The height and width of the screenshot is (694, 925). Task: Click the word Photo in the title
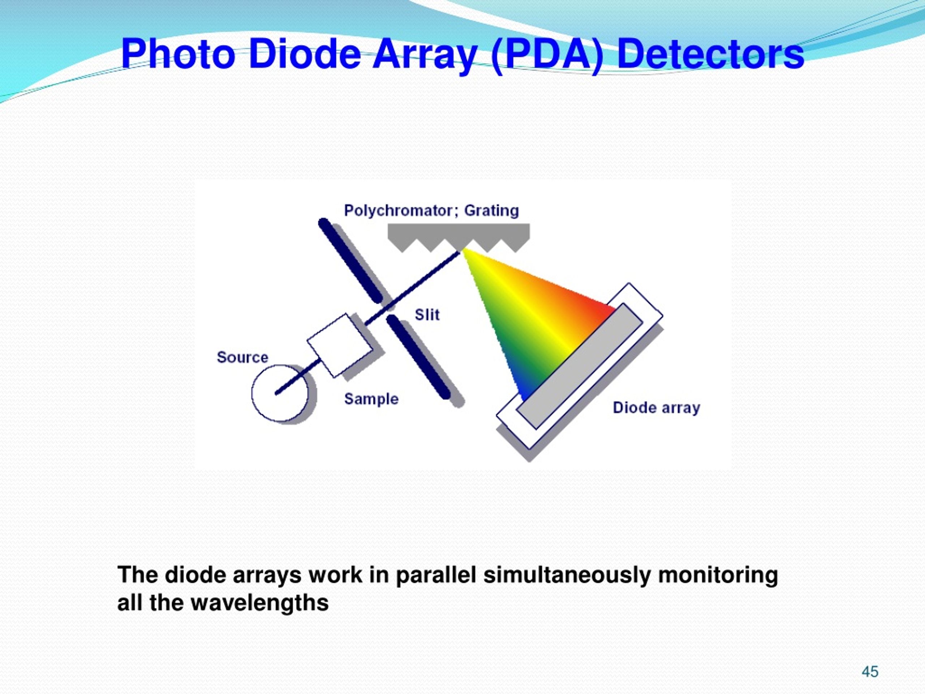178,54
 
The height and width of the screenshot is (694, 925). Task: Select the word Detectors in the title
710,54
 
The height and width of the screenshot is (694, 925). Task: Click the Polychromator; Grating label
431,210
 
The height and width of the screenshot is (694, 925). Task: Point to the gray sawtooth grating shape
458,234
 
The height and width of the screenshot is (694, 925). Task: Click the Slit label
427,314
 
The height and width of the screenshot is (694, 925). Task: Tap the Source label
242,357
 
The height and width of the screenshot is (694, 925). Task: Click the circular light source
279,393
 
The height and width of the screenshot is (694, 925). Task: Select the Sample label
371,399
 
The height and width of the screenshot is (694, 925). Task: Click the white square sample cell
340,346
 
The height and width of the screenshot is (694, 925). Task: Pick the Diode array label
656,407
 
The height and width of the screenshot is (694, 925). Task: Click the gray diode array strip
580,367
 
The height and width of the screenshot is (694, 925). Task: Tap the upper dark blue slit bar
350,260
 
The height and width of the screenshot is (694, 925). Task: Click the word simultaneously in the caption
567,575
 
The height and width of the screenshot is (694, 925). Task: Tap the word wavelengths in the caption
259,603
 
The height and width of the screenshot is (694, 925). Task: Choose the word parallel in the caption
436,575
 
